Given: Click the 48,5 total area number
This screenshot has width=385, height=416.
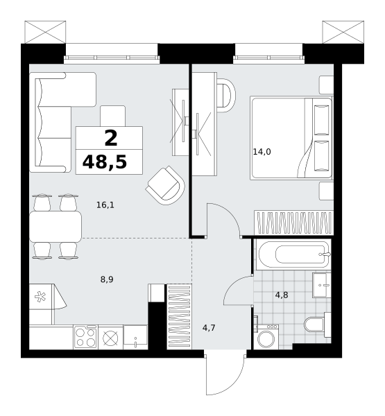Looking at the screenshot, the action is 105,162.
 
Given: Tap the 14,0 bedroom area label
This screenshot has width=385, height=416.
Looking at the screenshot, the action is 262,152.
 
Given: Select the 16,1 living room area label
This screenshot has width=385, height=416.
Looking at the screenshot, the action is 105,205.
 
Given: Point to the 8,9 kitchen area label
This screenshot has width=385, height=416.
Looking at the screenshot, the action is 107,279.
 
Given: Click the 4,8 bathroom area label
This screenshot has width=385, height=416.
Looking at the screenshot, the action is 282,295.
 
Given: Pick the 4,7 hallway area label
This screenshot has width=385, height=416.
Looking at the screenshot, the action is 209,328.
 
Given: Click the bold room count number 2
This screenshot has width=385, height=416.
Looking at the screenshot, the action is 111,139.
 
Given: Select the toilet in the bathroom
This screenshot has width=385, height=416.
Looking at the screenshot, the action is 317,324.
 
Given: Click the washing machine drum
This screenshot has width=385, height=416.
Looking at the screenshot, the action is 266,339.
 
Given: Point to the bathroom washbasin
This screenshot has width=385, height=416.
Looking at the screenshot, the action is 322,285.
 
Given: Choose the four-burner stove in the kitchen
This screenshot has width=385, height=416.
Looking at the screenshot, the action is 85,337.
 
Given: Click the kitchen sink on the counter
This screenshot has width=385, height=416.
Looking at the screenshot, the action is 135,337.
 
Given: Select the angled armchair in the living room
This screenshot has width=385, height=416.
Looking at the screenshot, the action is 165,185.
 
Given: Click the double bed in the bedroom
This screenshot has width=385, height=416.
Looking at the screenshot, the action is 291,138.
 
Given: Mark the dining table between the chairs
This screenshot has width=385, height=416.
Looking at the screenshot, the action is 55,226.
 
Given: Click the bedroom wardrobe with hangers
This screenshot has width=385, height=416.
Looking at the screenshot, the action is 293,223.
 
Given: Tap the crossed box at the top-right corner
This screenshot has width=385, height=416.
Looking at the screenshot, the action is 343,32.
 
